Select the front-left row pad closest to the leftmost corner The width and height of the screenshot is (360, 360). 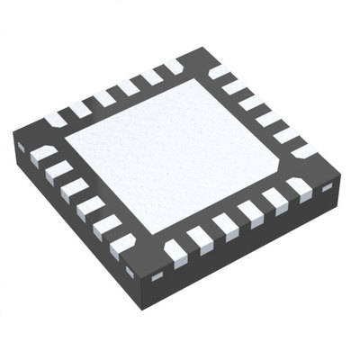[42, 155]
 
